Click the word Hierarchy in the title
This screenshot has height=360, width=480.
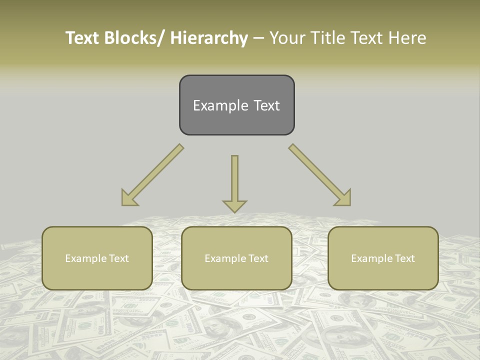pyautogui.click(x=209, y=38)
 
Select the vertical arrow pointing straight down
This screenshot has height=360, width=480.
pyautogui.click(x=234, y=182)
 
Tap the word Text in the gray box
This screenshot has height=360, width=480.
pyautogui.click(x=266, y=106)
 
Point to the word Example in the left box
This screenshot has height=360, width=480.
pyautogui.click(x=85, y=258)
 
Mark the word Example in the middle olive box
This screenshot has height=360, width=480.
pyautogui.click(x=224, y=258)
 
